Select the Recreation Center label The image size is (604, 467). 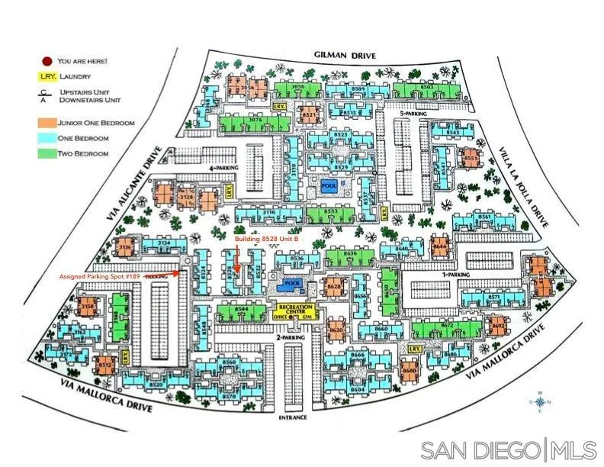296,311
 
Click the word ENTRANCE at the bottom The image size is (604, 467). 293,418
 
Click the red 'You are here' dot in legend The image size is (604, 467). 47,60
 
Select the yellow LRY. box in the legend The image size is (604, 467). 47,76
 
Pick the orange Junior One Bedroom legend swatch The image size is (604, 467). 47,122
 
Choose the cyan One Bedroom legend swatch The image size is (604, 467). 47,138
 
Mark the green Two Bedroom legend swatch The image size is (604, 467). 47,153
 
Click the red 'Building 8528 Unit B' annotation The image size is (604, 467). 265,239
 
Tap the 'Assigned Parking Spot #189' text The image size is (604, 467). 100,275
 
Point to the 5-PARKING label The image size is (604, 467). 413,114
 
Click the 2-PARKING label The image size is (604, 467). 270,337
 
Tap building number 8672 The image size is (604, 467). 447,325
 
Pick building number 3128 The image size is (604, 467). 185,198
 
